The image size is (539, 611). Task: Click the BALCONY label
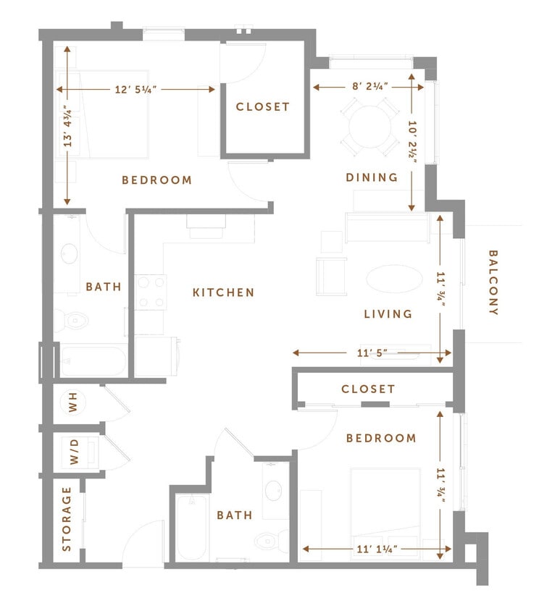click(x=493, y=282)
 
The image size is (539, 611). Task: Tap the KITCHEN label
click(x=224, y=292)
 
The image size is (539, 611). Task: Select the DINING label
click(x=372, y=177)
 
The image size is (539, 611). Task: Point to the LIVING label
click(x=388, y=313)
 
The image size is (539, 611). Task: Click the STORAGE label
click(x=67, y=518)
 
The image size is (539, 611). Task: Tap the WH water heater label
click(x=73, y=403)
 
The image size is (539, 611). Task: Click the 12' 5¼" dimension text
click(x=136, y=89)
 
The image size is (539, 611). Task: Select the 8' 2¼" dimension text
click(x=370, y=85)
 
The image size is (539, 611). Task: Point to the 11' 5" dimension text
click(x=372, y=353)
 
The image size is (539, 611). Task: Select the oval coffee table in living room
click(x=392, y=279)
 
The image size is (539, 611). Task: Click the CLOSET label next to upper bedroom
click(x=263, y=106)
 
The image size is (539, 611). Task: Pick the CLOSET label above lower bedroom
click(x=369, y=389)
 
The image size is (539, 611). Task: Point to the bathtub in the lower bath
click(x=193, y=526)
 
